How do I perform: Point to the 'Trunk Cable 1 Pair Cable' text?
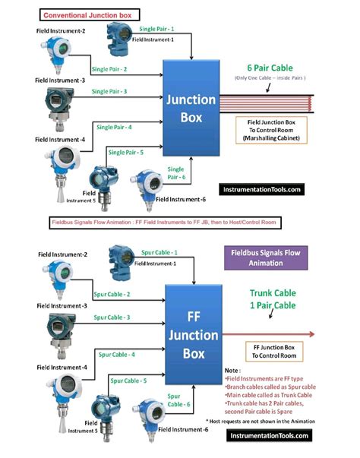[x=265, y=298]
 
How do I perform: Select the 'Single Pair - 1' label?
[x=160, y=27]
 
